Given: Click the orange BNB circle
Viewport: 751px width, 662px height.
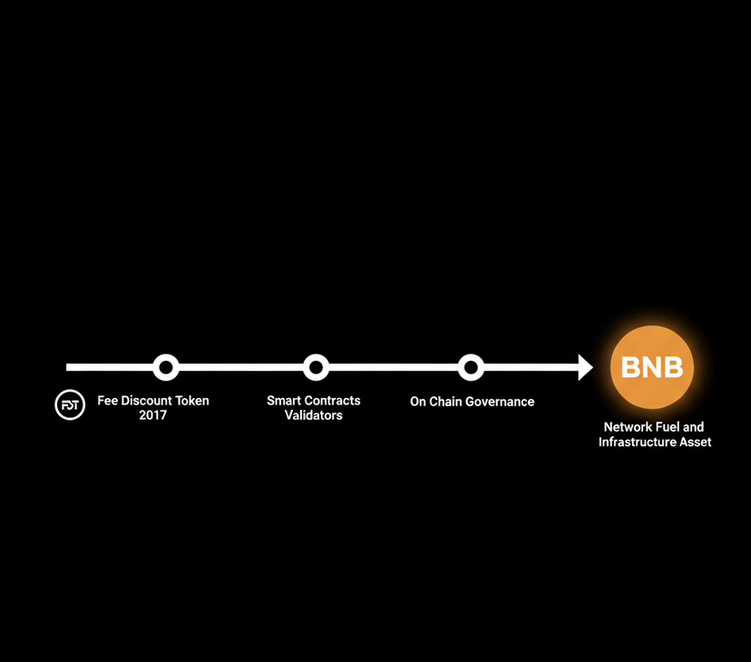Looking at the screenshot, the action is click(652, 367).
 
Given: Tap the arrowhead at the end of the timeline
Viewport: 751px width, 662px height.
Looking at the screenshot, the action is click(585, 367).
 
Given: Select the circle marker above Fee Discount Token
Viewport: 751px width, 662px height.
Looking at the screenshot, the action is click(166, 367).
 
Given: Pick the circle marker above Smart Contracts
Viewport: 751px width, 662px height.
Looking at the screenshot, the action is click(316, 367).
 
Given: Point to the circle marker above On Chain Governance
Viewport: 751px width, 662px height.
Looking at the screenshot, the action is click(471, 367).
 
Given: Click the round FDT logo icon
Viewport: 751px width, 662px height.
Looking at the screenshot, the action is click(70, 404).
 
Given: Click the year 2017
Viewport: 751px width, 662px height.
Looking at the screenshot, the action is click(152, 414).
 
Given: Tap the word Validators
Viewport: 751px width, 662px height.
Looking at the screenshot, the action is click(314, 415).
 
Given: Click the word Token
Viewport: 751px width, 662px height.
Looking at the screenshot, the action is click(191, 401).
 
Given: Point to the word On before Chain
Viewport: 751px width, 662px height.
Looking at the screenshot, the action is click(417, 402).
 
